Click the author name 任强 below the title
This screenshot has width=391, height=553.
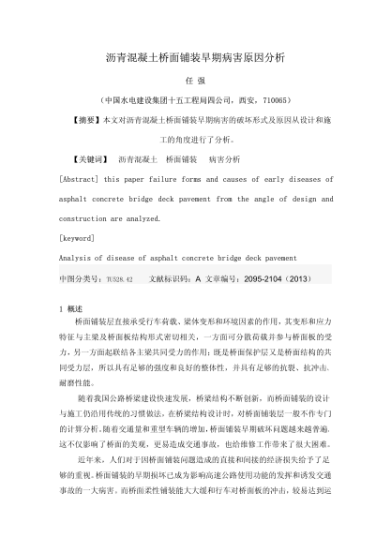point(196,80)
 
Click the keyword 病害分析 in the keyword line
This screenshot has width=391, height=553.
point(224,158)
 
